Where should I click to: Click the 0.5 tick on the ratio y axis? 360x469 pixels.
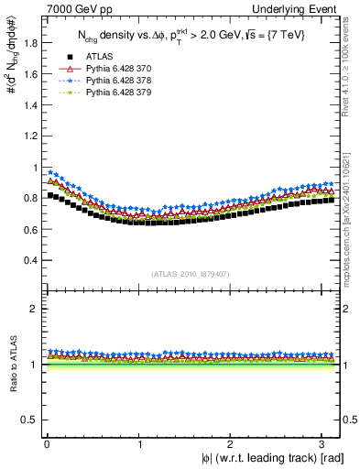(26, 420)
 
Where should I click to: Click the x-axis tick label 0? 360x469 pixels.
(47, 444)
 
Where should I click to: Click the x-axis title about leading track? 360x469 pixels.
(274, 458)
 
